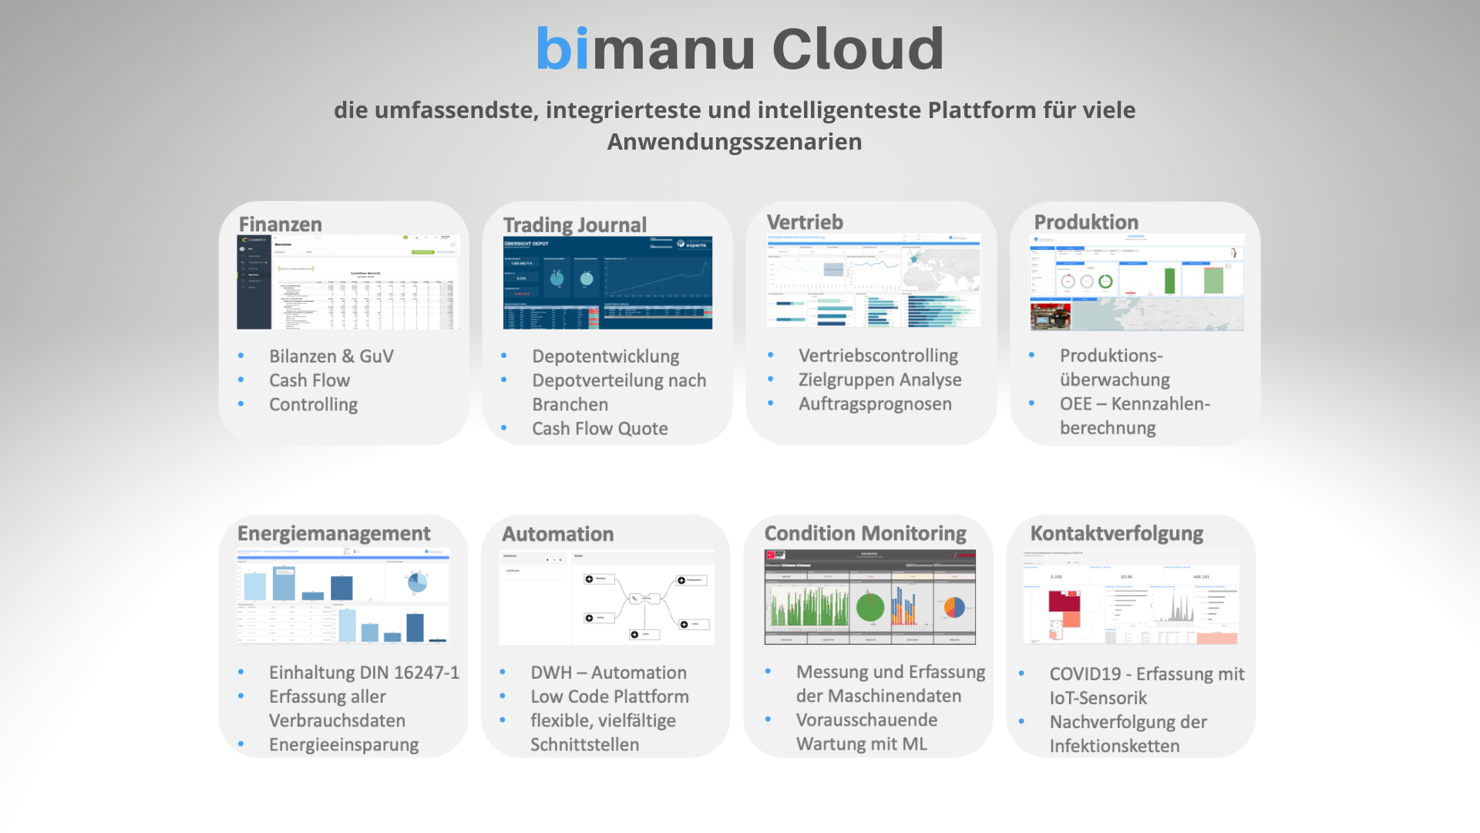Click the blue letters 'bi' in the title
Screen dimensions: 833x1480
coord(563,49)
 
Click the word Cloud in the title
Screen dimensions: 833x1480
coord(857,49)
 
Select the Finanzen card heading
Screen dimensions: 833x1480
coord(280,224)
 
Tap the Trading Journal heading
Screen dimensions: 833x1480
coord(574,225)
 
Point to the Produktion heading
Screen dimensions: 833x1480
coord(1085,222)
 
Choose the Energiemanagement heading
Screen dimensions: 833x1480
coord(333,534)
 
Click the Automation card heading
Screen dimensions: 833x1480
coord(557,535)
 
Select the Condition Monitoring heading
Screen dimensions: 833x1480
coord(864,534)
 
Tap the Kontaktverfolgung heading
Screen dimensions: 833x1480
coord(1116,534)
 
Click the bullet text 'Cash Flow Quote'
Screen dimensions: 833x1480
coord(600,429)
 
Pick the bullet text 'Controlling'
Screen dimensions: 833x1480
coord(313,405)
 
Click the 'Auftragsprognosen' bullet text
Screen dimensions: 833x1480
coord(875,404)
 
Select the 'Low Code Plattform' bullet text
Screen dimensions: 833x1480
coord(609,697)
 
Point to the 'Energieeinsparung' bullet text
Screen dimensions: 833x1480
coord(343,745)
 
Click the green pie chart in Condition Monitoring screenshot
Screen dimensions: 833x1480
coord(870,607)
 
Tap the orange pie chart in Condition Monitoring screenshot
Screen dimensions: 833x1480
coord(954,608)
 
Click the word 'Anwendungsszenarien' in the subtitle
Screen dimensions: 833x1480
coord(734,142)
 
